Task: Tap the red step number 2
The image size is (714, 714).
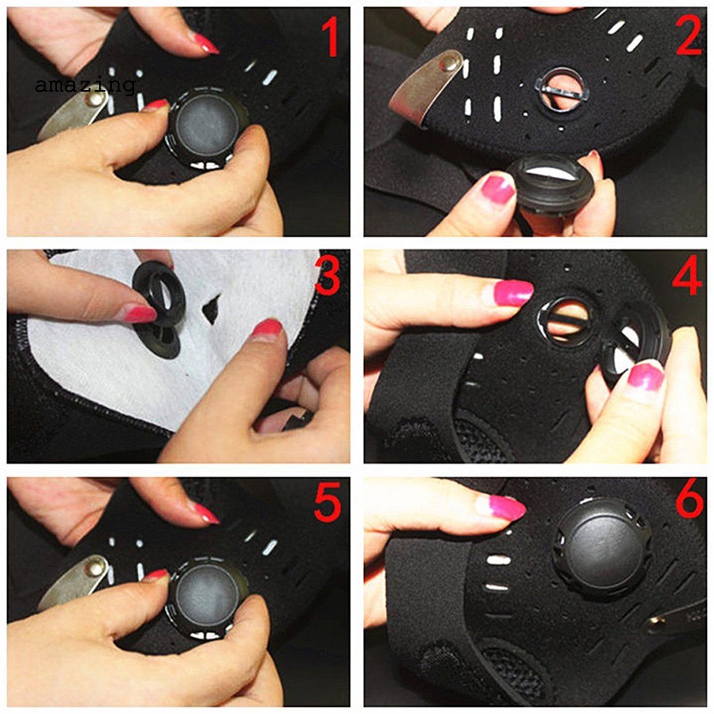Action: [688, 37]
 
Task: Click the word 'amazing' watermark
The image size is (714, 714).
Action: [85, 86]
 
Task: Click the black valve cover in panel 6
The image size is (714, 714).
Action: [602, 548]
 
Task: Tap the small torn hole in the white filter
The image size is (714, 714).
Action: [211, 309]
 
